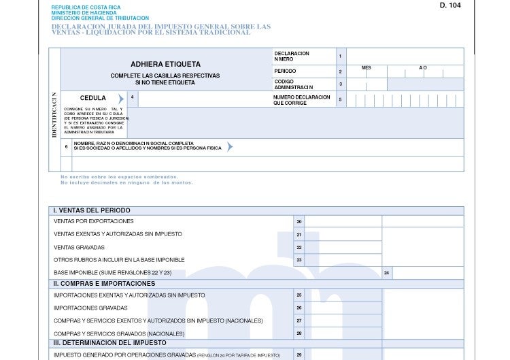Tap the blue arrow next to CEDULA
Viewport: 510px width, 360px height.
point(121,99)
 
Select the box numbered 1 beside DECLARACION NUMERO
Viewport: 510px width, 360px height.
point(340,55)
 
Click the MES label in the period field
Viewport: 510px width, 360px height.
point(367,68)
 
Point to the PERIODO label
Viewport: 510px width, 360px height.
point(285,71)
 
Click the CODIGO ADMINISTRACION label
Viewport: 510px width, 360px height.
point(294,84)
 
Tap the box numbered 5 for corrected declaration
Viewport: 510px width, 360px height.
point(340,99)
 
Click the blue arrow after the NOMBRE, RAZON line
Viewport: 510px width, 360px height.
point(230,146)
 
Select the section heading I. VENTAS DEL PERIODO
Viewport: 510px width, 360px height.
point(92,210)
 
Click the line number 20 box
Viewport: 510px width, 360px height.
point(299,221)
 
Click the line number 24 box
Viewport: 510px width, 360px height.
point(386,273)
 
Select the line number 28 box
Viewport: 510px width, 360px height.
point(299,333)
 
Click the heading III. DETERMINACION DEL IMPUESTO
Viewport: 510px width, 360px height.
point(110,343)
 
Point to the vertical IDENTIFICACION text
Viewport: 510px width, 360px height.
point(54,115)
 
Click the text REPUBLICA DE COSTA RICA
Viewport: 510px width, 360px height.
point(86,7)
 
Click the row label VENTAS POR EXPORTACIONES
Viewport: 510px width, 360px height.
point(94,221)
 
